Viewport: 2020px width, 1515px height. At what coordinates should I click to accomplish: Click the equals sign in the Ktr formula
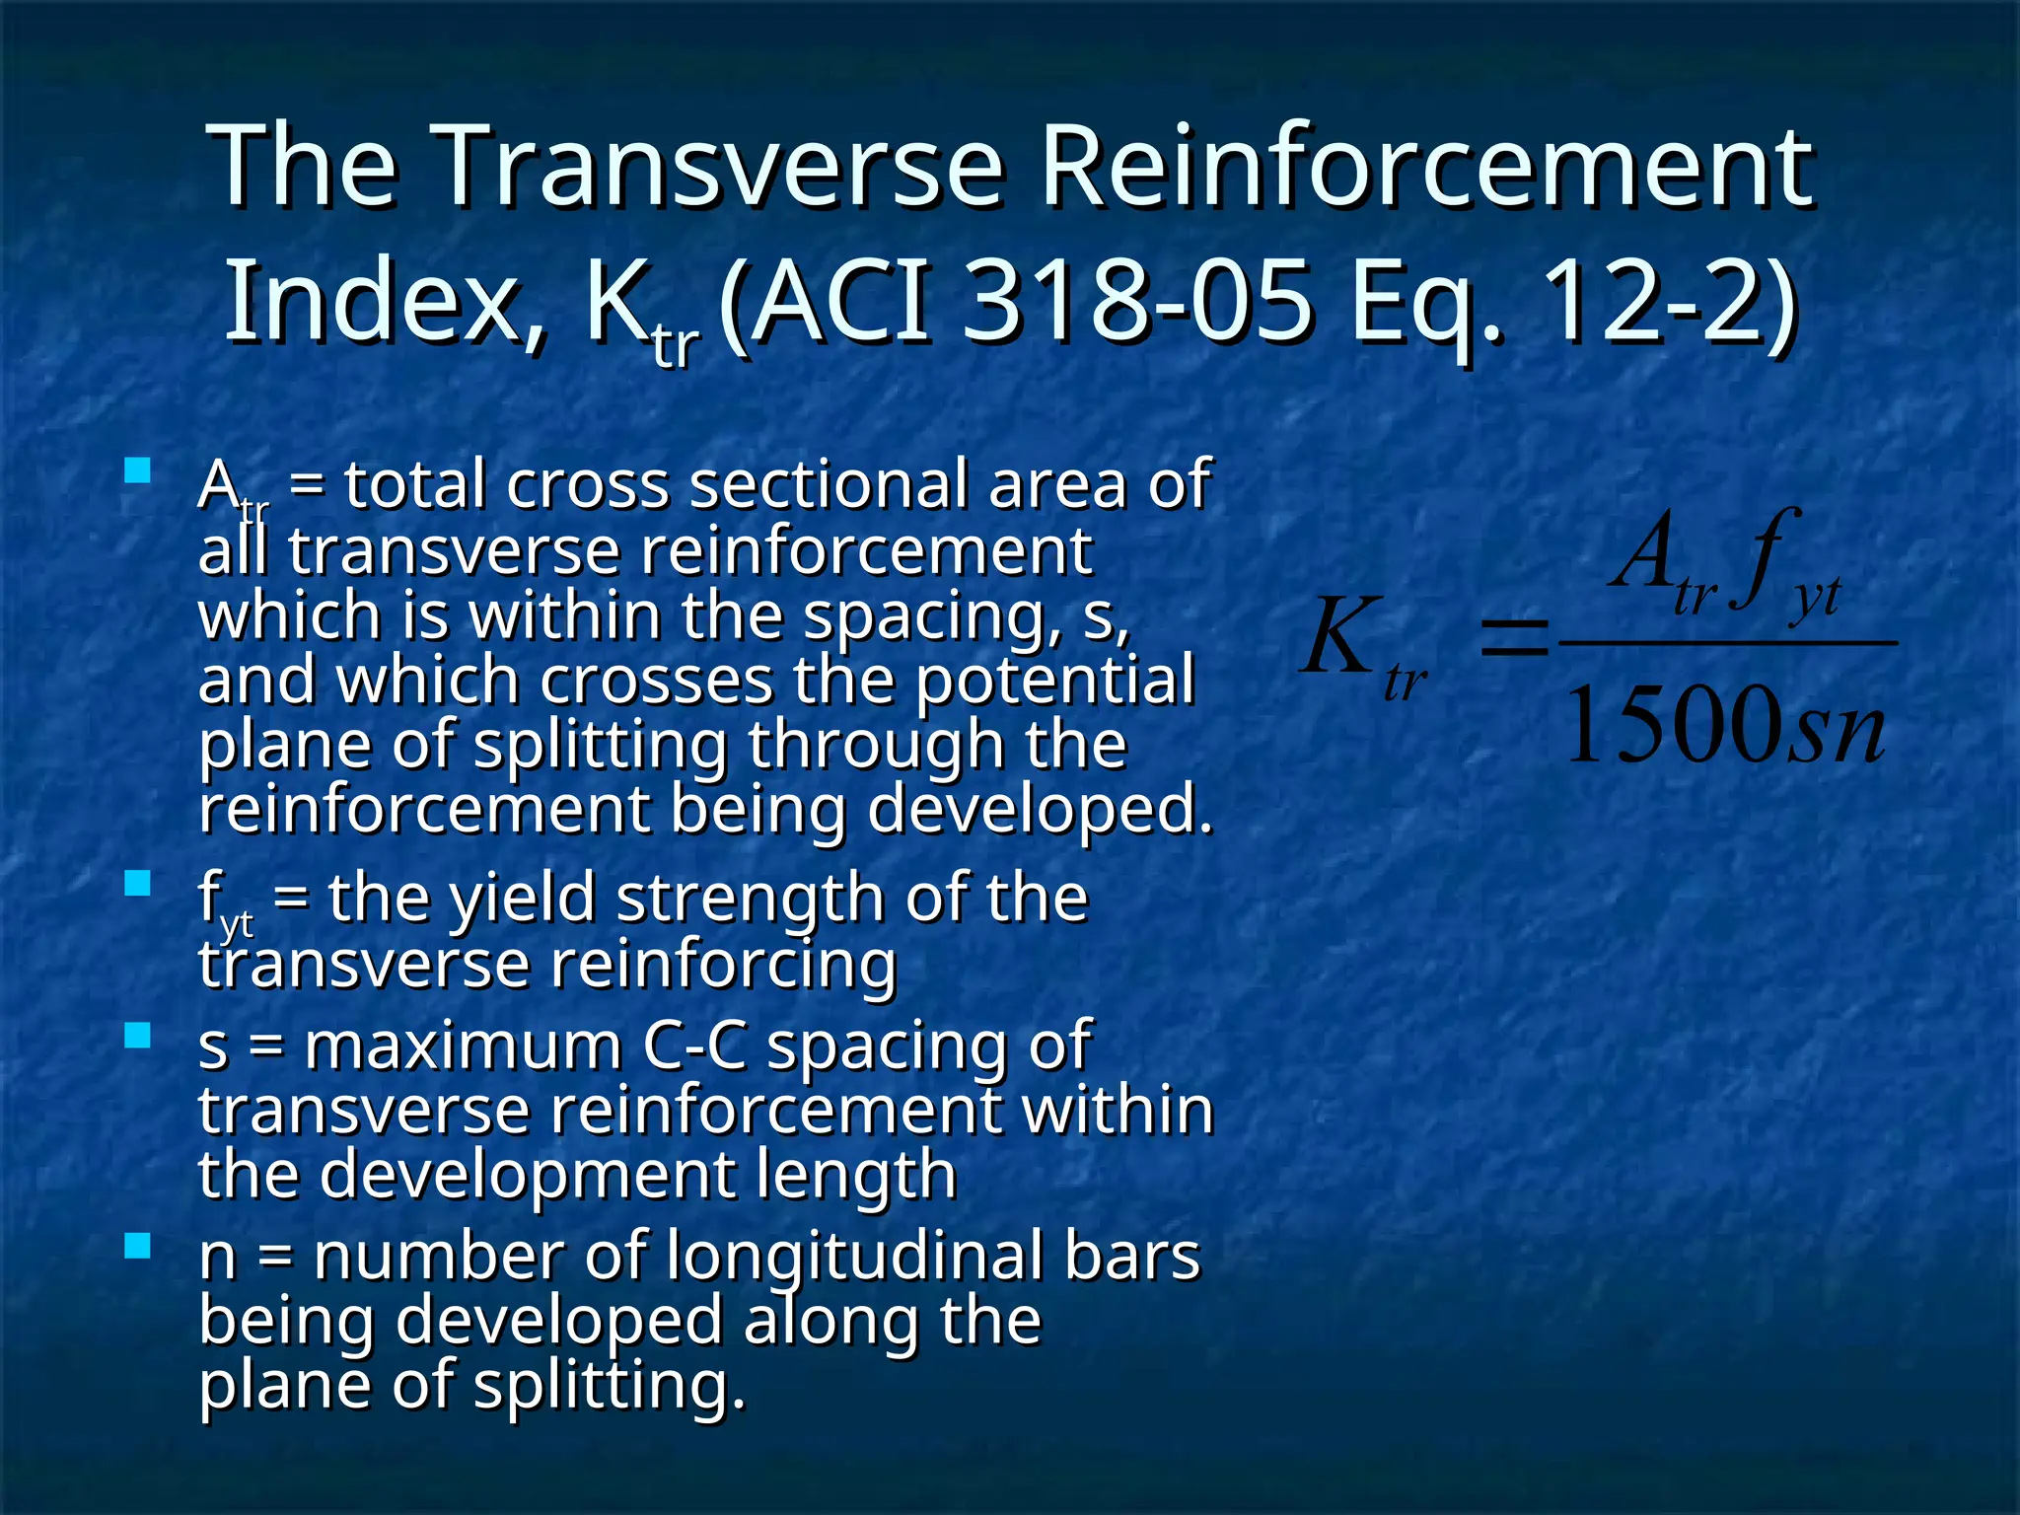tap(1514, 636)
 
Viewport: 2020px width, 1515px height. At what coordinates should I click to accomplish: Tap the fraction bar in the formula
tap(1726, 643)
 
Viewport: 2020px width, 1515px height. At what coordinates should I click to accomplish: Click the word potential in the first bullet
tap(1055, 681)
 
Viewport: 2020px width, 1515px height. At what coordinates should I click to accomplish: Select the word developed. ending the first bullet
tap(1040, 809)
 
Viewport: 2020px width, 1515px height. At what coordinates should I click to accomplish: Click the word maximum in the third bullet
tap(464, 1046)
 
